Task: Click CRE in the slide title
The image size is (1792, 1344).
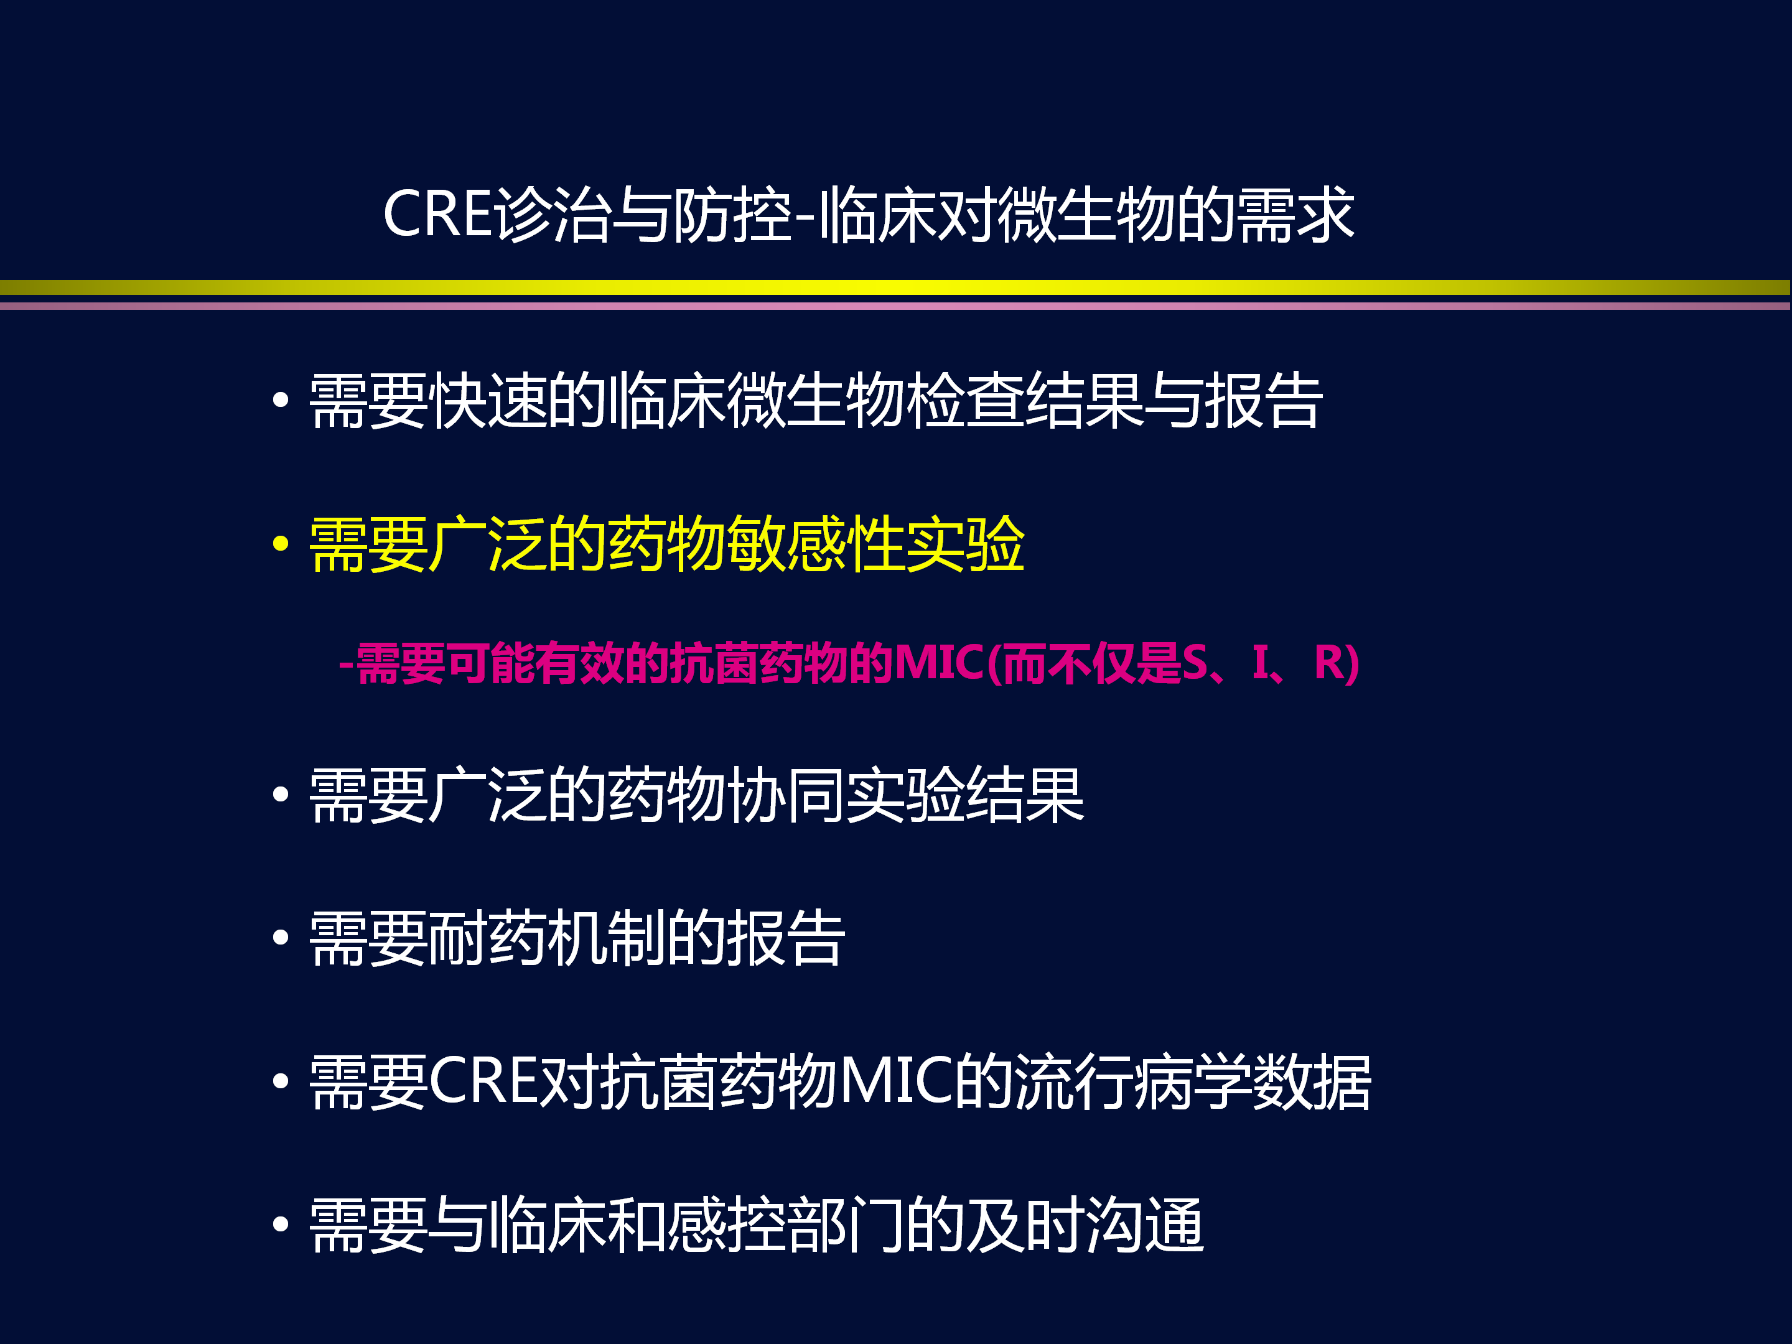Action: [437, 215]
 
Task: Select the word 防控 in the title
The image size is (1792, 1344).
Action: [732, 215]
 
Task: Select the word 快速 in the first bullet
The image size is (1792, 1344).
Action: [488, 400]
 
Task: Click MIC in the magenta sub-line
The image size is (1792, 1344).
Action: [938, 663]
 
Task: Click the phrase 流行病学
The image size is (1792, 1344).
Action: [1132, 1081]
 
